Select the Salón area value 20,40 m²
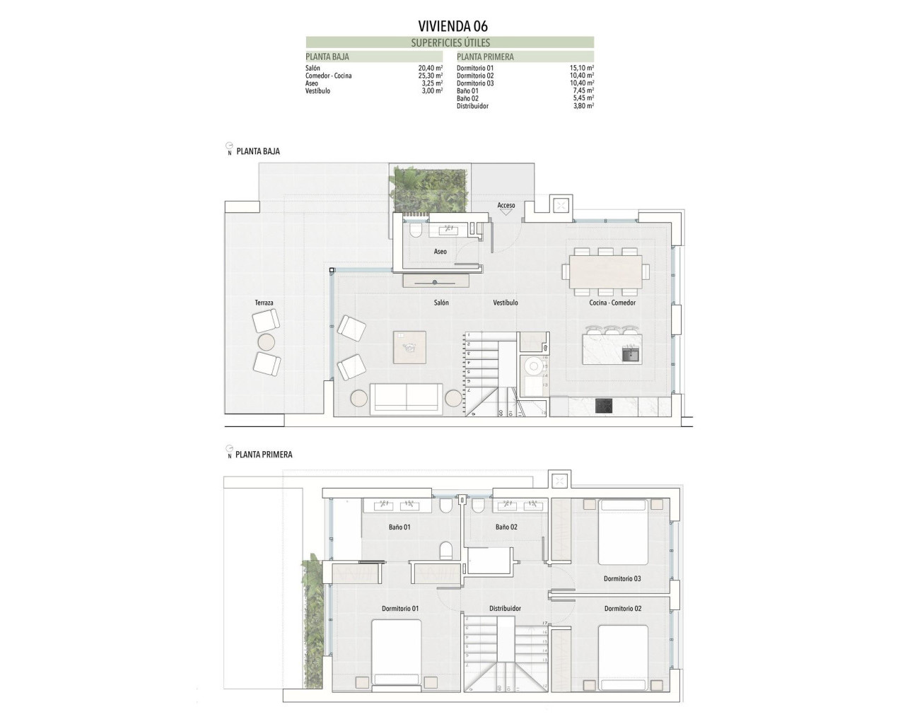430,68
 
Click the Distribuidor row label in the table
472,106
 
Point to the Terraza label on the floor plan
264,303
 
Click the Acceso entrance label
506,206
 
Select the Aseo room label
440,252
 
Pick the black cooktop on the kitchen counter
604,405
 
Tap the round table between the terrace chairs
267,343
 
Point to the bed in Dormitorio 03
623,532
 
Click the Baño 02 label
506,527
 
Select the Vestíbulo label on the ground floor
505,303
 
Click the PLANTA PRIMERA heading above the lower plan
264,455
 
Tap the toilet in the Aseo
415,231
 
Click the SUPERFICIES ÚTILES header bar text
450,42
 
